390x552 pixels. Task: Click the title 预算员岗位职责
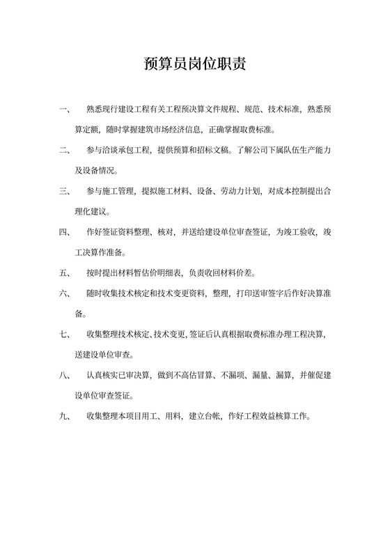click(194, 66)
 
